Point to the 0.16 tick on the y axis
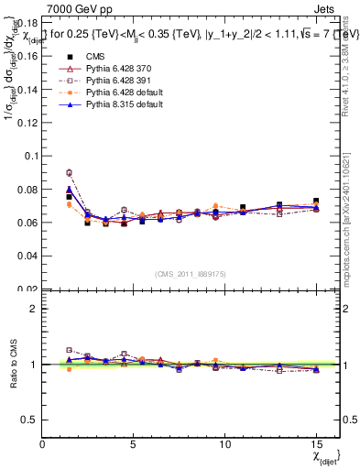click(27, 55)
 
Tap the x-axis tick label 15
click(316, 444)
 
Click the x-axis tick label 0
click(43, 444)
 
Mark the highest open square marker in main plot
click(69, 172)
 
